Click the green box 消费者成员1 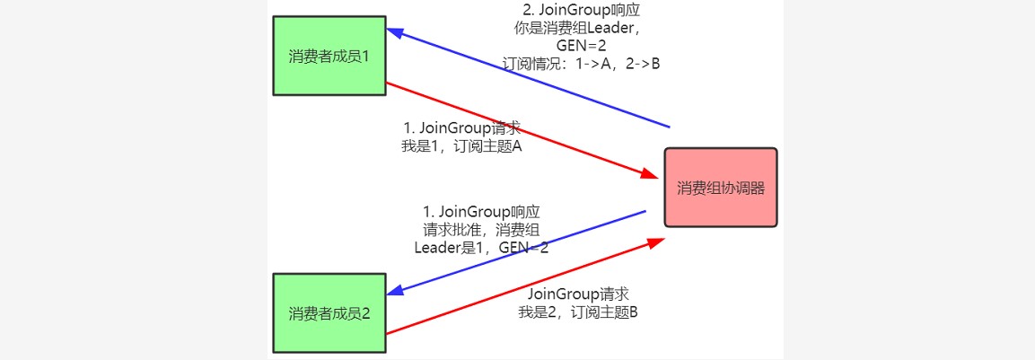[329, 55]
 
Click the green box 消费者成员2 [329, 312]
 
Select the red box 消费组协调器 [720, 188]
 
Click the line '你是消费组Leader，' [585, 28]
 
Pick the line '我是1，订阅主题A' [462, 146]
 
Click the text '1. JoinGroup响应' [482, 212]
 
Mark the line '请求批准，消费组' [482, 230]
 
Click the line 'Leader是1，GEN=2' [482, 248]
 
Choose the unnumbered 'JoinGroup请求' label [577, 294]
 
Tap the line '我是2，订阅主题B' [578, 312]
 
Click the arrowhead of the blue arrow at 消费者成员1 [395, 31]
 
